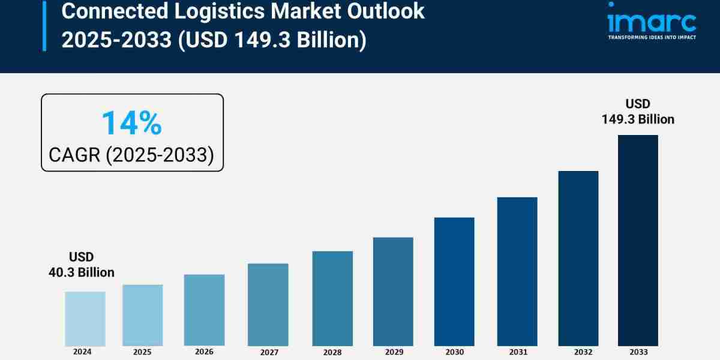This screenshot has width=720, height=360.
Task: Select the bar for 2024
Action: click(85, 319)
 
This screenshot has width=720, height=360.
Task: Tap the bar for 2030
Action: click(454, 281)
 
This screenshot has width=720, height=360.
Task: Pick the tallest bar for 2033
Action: click(638, 240)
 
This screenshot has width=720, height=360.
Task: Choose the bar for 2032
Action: click(578, 258)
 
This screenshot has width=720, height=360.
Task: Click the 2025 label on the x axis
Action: click(143, 352)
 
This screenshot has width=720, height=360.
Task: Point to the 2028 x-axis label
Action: click(332, 353)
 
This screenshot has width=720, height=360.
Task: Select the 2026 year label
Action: click(204, 352)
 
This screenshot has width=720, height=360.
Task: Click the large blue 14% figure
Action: click(131, 123)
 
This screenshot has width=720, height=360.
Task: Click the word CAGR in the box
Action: click(74, 155)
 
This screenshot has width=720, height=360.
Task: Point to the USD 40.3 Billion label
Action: click(81, 265)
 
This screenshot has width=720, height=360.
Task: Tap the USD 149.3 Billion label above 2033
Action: click(638, 112)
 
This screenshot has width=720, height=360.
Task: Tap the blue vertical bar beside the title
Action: click(44, 25)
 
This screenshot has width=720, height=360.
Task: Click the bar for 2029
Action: click(393, 292)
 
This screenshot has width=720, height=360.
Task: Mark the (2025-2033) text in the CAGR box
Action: click(160, 155)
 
